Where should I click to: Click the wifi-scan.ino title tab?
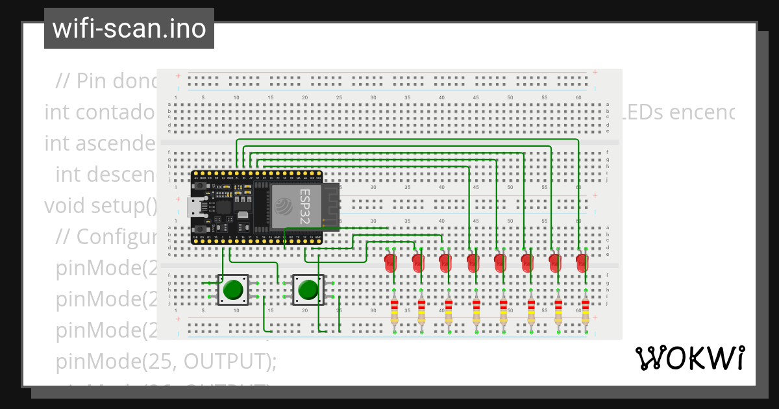[129, 29]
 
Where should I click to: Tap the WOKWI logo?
[689, 358]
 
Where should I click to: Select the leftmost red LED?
[390, 262]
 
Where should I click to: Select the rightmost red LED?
[582, 262]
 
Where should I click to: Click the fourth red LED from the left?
[473, 262]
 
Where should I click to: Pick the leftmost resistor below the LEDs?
[394, 311]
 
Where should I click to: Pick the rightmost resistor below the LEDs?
[586, 311]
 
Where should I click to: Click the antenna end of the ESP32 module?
[332, 207]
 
